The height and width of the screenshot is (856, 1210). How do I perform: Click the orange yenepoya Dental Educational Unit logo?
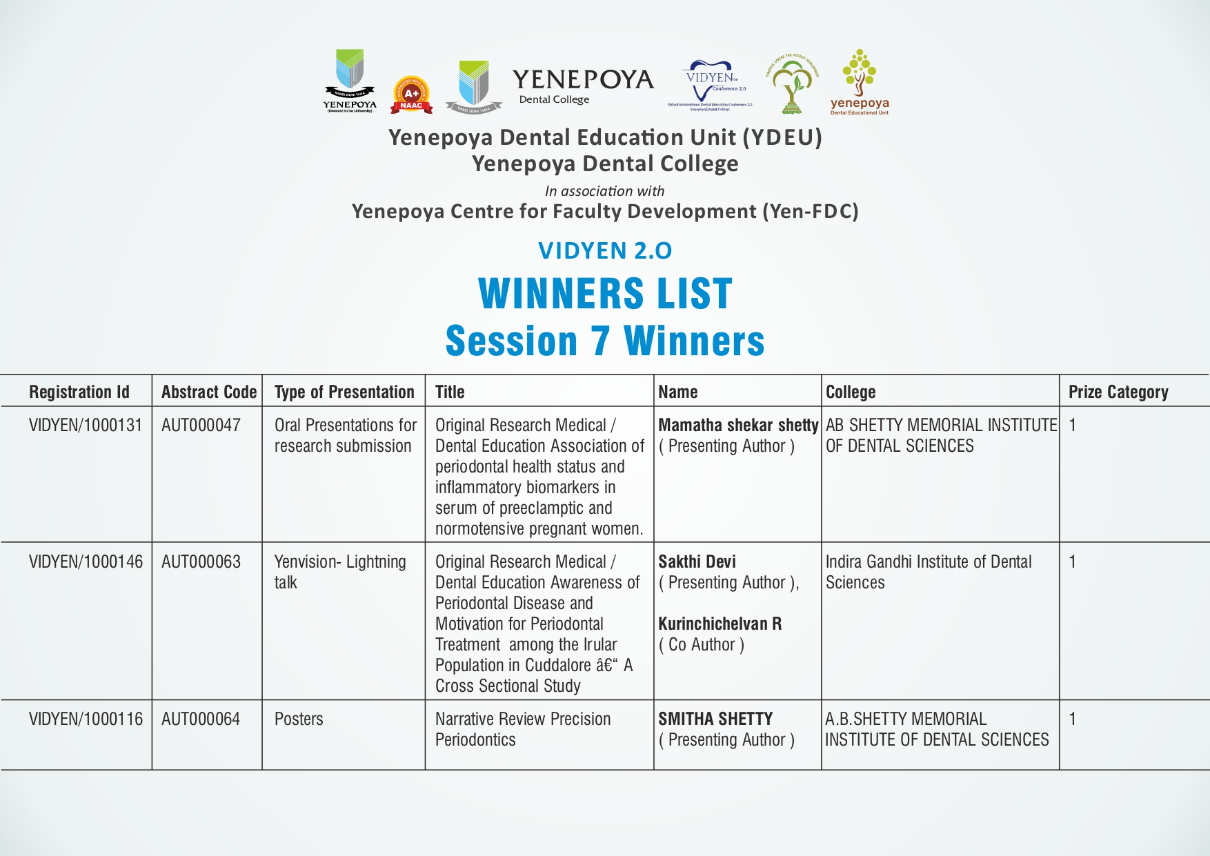(x=859, y=82)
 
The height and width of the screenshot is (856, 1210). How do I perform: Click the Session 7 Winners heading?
(x=605, y=341)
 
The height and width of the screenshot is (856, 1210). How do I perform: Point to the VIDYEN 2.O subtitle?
(x=605, y=250)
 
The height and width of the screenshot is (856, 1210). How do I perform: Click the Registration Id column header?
(x=79, y=392)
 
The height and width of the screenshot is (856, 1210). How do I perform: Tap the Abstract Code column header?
(x=209, y=392)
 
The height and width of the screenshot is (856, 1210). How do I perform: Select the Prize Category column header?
(x=1118, y=392)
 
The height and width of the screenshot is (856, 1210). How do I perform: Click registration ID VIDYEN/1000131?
(x=86, y=425)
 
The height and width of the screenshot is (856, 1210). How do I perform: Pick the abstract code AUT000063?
(x=201, y=561)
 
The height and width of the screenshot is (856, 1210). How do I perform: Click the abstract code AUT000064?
(x=201, y=719)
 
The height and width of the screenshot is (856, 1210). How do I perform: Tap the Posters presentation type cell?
(x=299, y=719)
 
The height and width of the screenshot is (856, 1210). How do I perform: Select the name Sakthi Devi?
(x=697, y=561)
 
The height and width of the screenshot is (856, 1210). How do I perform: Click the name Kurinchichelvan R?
(x=720, y=624)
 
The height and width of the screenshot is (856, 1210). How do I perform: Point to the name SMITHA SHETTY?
(x=715, y=719)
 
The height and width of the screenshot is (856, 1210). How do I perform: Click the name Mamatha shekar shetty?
(x=738, y=425)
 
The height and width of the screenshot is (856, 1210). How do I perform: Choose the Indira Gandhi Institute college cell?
(x=928, y=572)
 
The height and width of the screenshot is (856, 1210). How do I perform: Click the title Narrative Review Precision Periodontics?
(x=523, y=729)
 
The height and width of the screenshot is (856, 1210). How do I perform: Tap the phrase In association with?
(x=604, y=191)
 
